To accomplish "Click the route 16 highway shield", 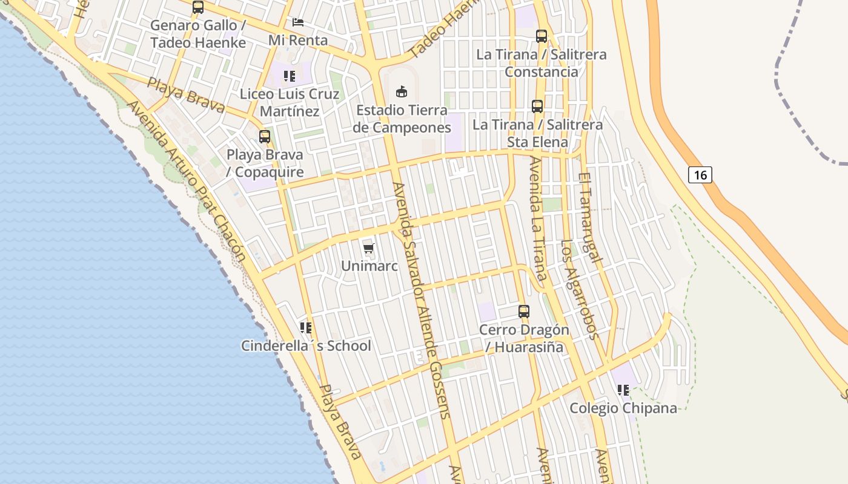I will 700,175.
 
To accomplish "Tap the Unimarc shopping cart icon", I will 369,248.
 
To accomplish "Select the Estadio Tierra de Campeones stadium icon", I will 401,92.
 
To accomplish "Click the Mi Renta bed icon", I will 298,22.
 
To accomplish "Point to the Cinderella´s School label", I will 306,346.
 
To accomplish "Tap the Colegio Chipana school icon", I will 623,390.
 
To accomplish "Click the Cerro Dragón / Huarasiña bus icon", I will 524,312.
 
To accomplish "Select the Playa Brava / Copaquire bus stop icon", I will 265,137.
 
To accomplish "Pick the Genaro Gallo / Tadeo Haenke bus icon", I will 197,7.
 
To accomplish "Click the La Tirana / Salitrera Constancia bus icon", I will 542,36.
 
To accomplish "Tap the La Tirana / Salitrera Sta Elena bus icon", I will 537,106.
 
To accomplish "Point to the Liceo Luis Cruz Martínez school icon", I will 289,76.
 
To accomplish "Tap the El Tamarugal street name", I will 590,218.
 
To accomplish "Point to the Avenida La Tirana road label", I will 538,221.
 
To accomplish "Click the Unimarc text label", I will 369,266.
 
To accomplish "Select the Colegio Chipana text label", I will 623,408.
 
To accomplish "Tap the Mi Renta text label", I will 298,41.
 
